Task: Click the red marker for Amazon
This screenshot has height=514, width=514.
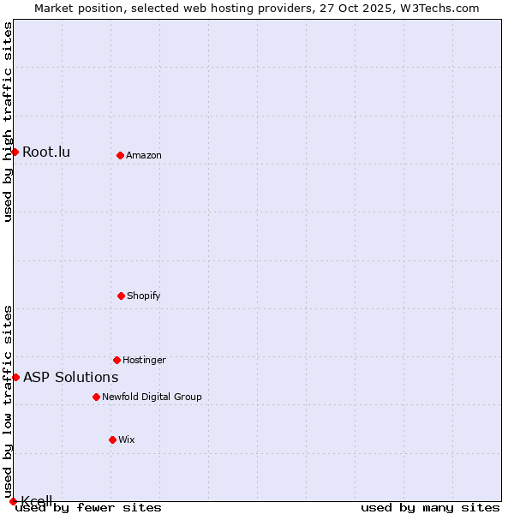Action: click(x=120, y=155)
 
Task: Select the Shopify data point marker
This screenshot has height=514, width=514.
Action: click(x=121, y=296)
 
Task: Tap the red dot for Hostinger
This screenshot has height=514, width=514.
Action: click(x=117, y=360)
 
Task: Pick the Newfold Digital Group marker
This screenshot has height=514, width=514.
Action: click(x=96, y=397)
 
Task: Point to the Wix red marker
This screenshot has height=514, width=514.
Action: click(x=112, y=439)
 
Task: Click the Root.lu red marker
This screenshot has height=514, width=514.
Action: click(x=15, y=152)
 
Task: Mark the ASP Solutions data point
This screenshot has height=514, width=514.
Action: click(x=15, y=377)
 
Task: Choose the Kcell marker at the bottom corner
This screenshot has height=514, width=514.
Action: click(x=13, y=501)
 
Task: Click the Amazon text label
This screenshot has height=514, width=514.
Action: click(x=144, y=155)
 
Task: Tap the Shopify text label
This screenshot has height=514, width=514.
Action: click(x=144, y=296)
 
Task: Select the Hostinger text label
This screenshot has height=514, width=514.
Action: click(x=144, y=360)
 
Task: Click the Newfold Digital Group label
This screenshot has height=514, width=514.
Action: click(x=152, y=397)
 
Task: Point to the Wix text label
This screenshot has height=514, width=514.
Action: click(x=127, y=439)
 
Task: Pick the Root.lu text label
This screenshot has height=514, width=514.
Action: click(x=46, y=152)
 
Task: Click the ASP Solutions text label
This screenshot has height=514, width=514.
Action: click(x=70, y=377)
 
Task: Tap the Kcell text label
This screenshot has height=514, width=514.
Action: click(x=37, y=501)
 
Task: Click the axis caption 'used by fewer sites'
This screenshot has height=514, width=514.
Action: click(x=89, y=508)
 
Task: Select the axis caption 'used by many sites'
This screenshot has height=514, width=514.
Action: click(x=430, y=508)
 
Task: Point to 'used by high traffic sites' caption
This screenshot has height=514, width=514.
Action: click(x=8, y=122)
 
